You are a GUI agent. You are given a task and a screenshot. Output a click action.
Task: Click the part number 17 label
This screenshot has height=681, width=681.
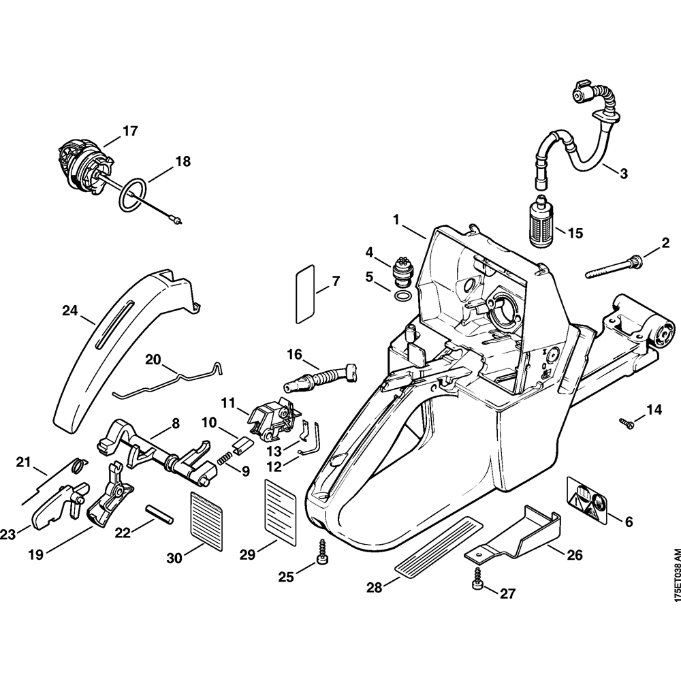click(x=129, y=130)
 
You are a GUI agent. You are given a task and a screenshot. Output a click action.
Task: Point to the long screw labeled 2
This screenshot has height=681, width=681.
click(x=613, y=268)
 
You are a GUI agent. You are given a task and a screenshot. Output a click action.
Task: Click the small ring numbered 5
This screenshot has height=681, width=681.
click(x=402, y=296)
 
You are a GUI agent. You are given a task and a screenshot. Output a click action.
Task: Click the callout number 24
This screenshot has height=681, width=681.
click(x=69, y=311)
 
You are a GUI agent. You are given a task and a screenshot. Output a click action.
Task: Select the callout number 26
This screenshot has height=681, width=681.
click(x=574, y=555)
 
